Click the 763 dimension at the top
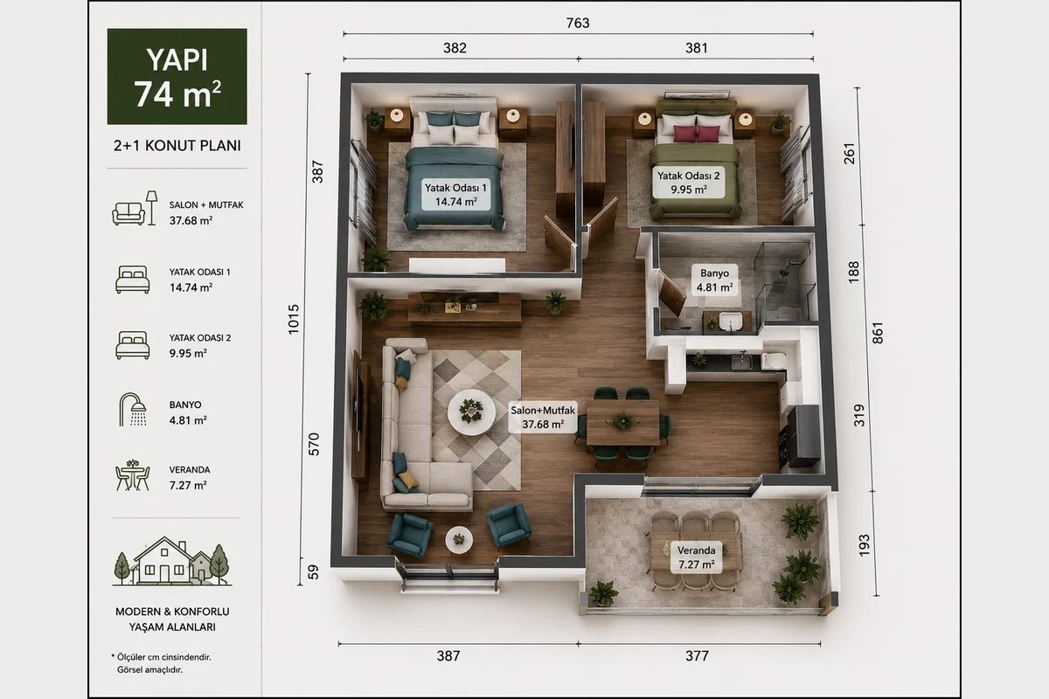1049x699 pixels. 578,23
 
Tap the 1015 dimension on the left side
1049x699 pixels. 294,319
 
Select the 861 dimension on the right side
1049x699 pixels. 877,333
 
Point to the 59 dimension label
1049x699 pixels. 313,572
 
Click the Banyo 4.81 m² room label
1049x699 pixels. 714,280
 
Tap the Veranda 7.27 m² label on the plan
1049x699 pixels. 697,557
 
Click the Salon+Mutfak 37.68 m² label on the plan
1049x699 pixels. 543,417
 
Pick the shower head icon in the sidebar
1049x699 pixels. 133,410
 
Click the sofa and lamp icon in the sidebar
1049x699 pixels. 135,208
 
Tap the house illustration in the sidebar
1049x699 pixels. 172,561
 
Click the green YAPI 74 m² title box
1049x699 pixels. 177,76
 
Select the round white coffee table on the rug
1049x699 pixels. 471,412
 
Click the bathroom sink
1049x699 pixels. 731,322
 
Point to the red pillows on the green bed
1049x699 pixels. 697,134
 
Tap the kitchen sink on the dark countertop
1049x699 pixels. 742,362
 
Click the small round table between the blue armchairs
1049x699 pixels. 459,539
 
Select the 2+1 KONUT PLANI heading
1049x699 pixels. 177,146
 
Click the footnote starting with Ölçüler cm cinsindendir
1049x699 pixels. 161,663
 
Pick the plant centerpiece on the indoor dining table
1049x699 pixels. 622,421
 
